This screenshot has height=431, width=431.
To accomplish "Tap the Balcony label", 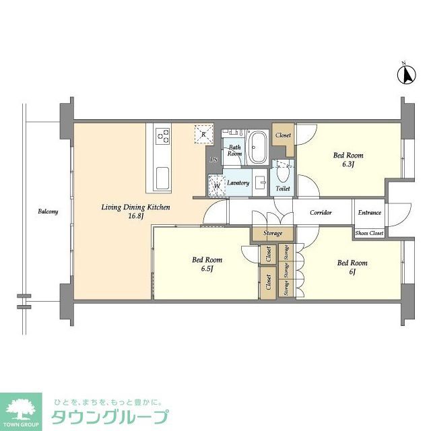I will click(48, 211).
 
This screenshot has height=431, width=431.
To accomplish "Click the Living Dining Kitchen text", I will click(131, 207).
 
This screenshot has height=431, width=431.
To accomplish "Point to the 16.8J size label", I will click(131, 217).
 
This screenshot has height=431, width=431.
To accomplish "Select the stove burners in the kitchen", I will click(162, 137).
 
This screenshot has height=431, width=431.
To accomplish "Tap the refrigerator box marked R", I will click(203, 133).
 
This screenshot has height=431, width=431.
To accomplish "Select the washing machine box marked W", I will click(217, 183).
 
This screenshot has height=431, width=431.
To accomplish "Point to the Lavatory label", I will click(238, 183).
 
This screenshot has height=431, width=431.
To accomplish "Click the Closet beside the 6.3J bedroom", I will click(284, 135).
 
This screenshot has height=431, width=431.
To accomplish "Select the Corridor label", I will click(321, 212).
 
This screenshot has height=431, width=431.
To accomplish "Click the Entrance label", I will click(369, 212).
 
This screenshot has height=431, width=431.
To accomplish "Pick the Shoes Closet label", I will click(369, 233).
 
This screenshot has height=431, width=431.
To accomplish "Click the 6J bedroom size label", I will click(352, 271).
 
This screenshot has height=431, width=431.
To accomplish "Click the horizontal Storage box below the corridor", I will click(273, 233).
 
